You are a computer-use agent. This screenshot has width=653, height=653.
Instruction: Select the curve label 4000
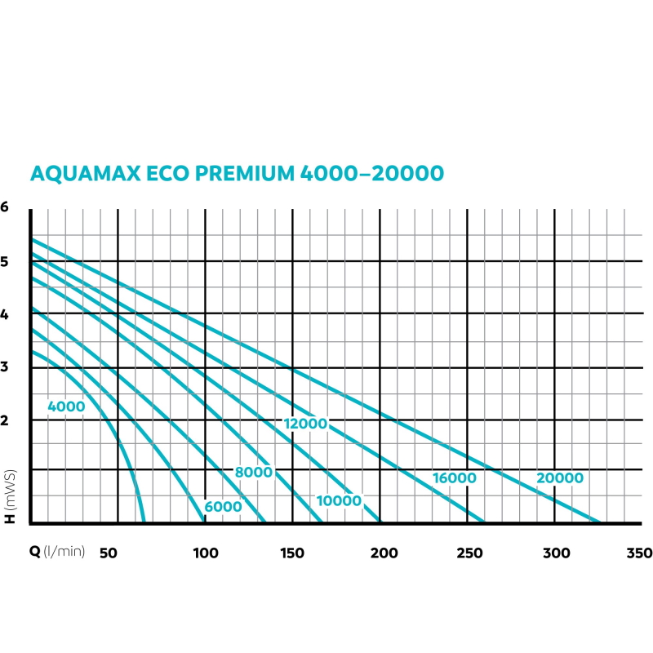pyautogui.click(x=66, y=406)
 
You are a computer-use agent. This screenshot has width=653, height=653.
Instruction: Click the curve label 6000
pyautogui.click(x=224, y=506)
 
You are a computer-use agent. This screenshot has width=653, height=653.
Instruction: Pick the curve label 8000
pyautogui.click(x=253, y=473)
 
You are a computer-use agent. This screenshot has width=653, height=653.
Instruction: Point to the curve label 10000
pyautogui.click(x=339, y=500)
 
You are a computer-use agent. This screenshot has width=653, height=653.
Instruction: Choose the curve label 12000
pyautogui.click(x=306, y=424)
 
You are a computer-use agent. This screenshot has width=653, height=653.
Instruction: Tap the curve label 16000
pyautogui.click(x=454, y=478)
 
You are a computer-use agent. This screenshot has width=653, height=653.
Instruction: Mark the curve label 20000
pyautogui.click(x=560, y=478)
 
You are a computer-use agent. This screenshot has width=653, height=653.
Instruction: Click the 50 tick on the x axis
pyautogui.click(x=109, y=553)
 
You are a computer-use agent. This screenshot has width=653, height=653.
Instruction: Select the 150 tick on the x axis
pyautogui.click(x=291, y=553)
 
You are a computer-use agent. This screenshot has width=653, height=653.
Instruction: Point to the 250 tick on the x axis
pyautogui.click(x=466, y=553)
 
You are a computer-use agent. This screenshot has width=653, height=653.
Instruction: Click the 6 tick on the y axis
pyautogui.click(x=5, y=207)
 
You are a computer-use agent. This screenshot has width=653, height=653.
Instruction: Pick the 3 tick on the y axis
pyautogui.click(x=5, y=366)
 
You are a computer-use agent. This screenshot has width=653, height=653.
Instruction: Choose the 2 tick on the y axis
pyautogui.click(x=5, y=420)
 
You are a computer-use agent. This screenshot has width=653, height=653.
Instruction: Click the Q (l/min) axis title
pyautogui.click(x=57, y=553)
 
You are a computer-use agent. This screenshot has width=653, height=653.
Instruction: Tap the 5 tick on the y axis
pyautogui.click(x=5, y=261)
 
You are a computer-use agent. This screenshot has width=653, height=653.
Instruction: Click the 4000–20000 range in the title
pyautogui.click(x=371, y=174)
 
